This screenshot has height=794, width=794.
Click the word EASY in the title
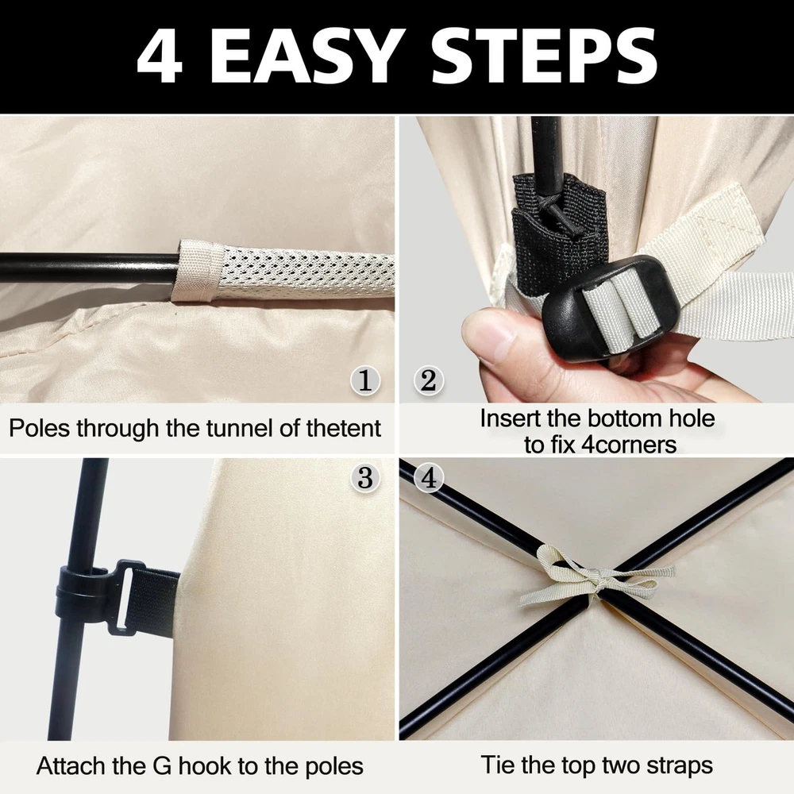(x=303, y=56)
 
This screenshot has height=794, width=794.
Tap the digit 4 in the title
(x=160, y=56)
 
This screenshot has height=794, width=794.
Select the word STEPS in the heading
(x=544, y=56)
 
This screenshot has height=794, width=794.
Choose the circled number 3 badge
(x=365, y=477)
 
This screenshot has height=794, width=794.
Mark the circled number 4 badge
(x=429, y=477)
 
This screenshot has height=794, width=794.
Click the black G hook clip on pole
(x=96, y=593)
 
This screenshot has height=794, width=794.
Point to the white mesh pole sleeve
(x=283, y=271)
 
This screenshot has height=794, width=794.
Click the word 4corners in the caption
(x=628, y=445)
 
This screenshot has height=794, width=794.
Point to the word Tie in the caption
(x=498, y=765)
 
